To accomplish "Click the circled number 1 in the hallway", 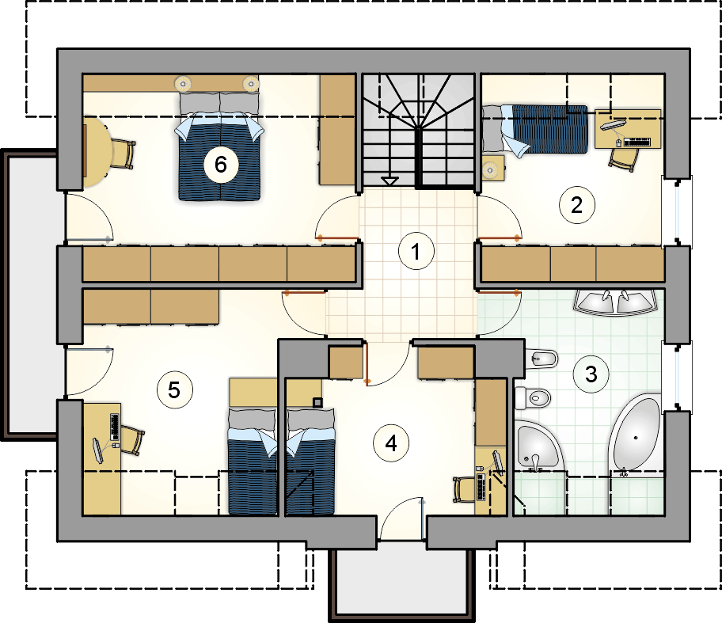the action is [x=416, y=252].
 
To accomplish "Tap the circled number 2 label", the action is [x=576, y=205].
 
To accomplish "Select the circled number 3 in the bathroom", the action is [x=591, y=374].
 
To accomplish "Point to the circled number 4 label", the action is [x=391, y=443].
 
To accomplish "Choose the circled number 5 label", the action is [x=174, y=390].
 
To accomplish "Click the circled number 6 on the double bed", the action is [x=221, y=165].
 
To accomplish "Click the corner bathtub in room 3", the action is [x=636, y=435].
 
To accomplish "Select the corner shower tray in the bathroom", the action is [x=537, y=446].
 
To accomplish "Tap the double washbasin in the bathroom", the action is [x=616, y=302].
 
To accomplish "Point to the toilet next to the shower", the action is [x=533, y=397].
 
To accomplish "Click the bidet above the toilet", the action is [x=541, y=359].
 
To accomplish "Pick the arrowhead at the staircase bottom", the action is [x=390, y=181].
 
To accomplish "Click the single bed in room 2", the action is [x=535, y=129].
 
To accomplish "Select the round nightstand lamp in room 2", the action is [x=490, y=171].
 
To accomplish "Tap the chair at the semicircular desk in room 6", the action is [x=123, y=154].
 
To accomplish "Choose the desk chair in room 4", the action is [x=464, y=489].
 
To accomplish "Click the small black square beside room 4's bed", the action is [x=317, y=402].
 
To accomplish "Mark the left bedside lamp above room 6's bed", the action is [x=183, y=83].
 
